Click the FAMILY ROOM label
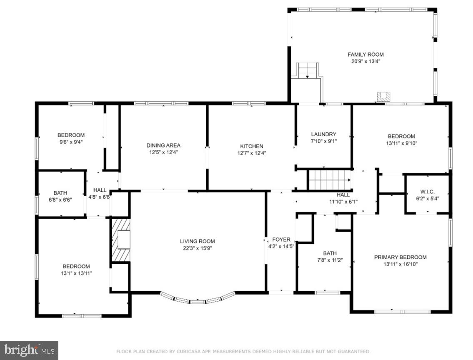[x=365, y=55]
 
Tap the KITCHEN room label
[x=252, y=146]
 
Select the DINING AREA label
[x=163, y=145]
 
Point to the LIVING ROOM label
[x=197, y=241]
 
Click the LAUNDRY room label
[x=324, y=134]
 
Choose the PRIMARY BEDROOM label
[x=400, y=257]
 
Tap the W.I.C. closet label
[x=428, y=192]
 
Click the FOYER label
[x=281, y=240]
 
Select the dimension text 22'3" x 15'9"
[x=198, y=248]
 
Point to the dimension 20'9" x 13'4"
[x=365, y=62]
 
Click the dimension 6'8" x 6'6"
[x=60, y=200]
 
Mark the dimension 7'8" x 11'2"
[x=330, y=260]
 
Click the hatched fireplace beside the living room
[x=121, y=240]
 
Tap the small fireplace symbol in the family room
[x=383, y=97]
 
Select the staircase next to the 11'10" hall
[x=330, y=180]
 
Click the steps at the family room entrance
[x=308, y=70]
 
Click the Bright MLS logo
[x=29, y=350]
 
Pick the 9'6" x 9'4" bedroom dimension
[x=71, y=142]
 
